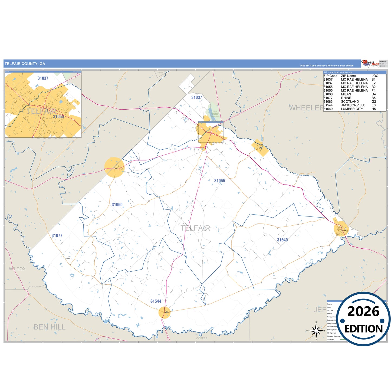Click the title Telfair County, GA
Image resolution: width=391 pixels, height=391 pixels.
point(25,64)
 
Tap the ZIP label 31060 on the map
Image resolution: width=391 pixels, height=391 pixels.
point(117,205)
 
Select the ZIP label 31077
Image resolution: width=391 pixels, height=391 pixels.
point(57,235)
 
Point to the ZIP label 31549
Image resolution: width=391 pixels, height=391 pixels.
point(282,240)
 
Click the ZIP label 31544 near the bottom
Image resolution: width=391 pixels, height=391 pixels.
point(156,301)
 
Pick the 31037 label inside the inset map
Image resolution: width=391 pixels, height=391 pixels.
point(43,78)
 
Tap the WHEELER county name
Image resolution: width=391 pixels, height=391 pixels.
point(306,108)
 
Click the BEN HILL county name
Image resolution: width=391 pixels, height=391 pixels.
point(50,327)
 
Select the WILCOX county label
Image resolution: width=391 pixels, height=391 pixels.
point(17,269)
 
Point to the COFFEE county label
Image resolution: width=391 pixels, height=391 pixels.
point(202,338)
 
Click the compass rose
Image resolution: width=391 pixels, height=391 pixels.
point(316,331)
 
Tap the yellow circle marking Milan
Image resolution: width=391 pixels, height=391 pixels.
point(114,167)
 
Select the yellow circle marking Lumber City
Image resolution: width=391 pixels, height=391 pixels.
point(341,229)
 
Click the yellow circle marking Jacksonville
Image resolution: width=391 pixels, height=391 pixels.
point(165,313)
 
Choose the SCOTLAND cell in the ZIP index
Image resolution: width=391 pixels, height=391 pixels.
point(350,101)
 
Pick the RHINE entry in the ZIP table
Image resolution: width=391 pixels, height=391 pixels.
point(346,98)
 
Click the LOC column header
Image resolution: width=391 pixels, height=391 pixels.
point(375,76)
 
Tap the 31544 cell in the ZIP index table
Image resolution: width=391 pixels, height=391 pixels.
point(328,105)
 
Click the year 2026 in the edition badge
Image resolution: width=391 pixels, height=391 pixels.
point(363,311)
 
